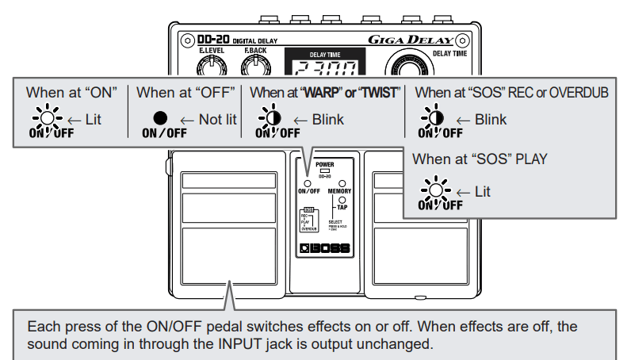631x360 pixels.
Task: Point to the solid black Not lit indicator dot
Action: pyautogui.click(x=161, y=117)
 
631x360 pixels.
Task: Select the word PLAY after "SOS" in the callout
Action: pyautogui.click(x=530, y=159)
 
